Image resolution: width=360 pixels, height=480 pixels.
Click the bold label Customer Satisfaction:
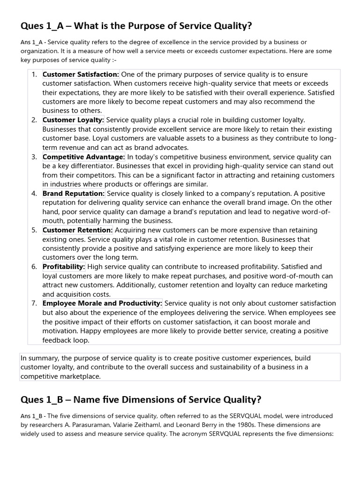point(81,74)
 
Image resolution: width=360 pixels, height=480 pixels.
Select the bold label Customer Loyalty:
point(74,120)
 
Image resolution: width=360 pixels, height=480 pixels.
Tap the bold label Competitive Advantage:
point(84,157)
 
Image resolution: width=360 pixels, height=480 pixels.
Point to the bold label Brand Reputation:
point(74,193)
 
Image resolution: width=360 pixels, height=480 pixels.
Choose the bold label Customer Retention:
point(78,230)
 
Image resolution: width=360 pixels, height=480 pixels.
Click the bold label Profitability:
point(64,266)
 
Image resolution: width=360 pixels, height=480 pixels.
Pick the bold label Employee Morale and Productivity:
point(103,303)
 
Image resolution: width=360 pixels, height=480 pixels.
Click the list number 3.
point(34,157)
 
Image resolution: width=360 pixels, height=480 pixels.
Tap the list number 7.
point(34,303)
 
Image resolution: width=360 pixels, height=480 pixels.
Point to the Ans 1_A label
point(32,42)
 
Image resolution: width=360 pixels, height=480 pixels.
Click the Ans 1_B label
point(32,416)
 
